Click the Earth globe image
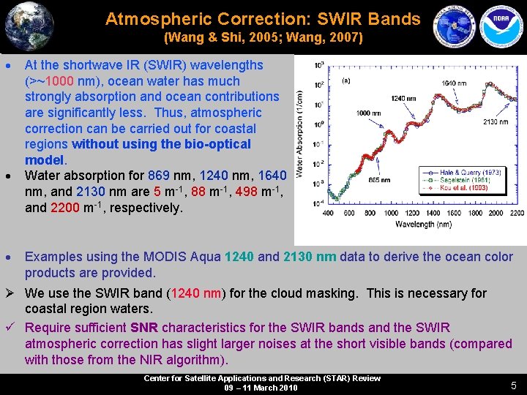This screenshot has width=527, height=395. [x=29, y=26]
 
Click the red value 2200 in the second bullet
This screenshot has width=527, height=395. [x=68, y=208]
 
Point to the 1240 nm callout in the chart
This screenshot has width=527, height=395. [x=403, y=97]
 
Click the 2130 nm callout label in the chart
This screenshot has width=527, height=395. [x=495, y=122]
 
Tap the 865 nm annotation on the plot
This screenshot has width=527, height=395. [x=378, y=180]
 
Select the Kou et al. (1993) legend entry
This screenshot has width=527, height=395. [x=464, y=188]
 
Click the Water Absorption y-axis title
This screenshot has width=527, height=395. [x=300, y=133]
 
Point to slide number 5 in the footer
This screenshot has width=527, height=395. [x=513, y=385]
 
